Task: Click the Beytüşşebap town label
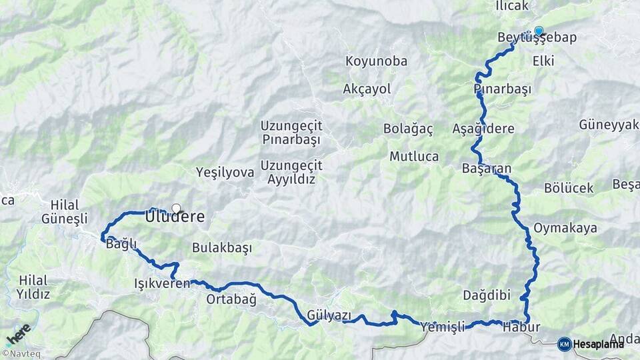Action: (537, 38)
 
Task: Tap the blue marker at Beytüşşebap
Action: (539, 30)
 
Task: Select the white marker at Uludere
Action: (176, 208)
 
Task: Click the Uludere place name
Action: (175, 217)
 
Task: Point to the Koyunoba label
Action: (376, 61)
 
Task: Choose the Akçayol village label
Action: (367, 89)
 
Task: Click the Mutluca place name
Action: (414, 157)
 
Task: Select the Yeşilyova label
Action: (225, 173)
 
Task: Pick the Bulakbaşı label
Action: (222, 248)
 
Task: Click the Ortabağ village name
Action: (231, 299)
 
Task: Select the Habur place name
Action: (521, 327)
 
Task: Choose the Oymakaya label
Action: (565, 228)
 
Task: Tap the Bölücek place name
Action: (569, 189)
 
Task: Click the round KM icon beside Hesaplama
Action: (564, 344)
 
